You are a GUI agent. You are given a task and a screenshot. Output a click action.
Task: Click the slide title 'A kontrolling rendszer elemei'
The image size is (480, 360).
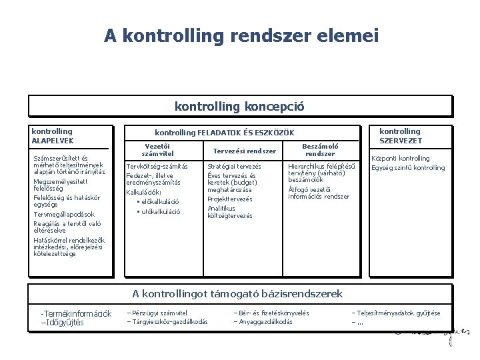click(241, 35)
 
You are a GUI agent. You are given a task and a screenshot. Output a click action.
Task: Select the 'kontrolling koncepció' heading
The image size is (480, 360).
click(239, 106)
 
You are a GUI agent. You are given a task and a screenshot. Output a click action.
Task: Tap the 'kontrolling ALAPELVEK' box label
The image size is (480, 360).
click(53, 136)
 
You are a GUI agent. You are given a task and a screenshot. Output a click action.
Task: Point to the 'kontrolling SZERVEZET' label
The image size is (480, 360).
click(401, 136)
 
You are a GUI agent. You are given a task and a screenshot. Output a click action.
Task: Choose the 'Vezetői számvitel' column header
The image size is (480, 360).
click(157, 150)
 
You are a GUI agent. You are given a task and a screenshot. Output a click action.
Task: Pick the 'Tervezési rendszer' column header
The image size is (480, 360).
click(244, 151)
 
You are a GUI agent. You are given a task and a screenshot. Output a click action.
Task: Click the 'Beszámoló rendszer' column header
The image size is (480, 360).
click(320, 149)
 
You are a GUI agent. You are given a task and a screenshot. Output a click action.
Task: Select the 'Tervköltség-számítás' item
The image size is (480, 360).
click(157, 167)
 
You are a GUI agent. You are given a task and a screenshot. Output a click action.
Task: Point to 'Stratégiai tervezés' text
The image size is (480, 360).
click(234, 167)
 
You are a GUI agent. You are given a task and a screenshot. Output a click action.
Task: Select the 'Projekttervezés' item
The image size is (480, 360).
click(230, 199)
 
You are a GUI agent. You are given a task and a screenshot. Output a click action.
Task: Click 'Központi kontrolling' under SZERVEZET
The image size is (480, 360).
click(400, 159)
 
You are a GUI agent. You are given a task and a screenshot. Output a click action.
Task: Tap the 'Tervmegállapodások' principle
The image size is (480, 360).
click(64, 215)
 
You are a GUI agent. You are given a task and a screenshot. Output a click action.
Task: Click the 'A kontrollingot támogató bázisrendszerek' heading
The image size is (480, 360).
click(237, 293)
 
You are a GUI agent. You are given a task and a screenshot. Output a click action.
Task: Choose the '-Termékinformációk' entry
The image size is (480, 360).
click(76, 313)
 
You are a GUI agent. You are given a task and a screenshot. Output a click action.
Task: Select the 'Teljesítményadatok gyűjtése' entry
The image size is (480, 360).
click(398, 313)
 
